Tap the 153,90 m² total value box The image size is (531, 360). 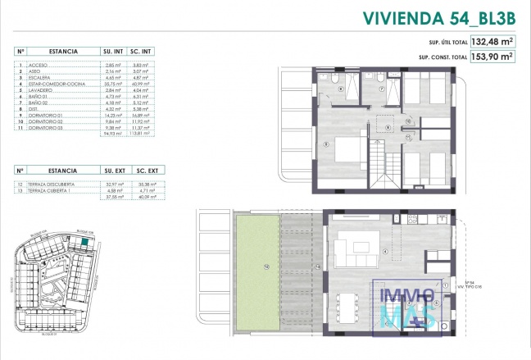pyautogui.click(x=490, y=57)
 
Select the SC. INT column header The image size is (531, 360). pyautogui.click(x=149, y=51)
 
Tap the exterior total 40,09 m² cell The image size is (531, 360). pyautogui.click(x=149, y=197)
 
